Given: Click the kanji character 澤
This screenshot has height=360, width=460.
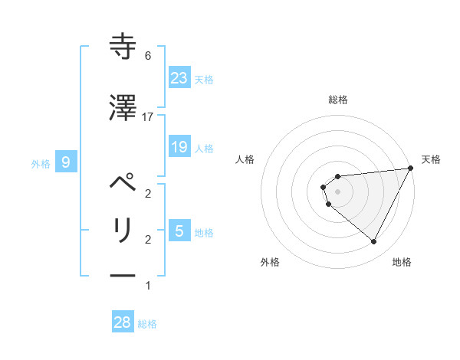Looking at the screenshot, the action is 123,109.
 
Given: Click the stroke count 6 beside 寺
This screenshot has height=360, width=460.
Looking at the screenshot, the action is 148,56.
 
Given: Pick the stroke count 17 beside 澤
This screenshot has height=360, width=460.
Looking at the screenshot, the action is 148,116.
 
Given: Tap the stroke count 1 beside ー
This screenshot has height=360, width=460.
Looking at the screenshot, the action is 148,286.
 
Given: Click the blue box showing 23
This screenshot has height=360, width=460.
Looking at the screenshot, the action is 179,77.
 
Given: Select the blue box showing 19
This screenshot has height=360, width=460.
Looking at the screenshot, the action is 179,147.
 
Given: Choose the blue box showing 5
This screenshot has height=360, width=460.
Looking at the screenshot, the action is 179,231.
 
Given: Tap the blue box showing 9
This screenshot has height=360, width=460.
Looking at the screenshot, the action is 66,162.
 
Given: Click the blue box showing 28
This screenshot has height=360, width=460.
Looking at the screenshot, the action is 122,322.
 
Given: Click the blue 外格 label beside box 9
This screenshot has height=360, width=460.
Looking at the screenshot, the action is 41,163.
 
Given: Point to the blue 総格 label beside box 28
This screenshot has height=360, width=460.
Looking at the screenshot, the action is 147,324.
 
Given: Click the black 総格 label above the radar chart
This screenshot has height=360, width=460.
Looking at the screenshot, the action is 338,100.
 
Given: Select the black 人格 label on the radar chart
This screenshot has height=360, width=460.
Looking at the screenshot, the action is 245,159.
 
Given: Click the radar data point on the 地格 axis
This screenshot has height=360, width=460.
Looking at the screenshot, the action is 374,242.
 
